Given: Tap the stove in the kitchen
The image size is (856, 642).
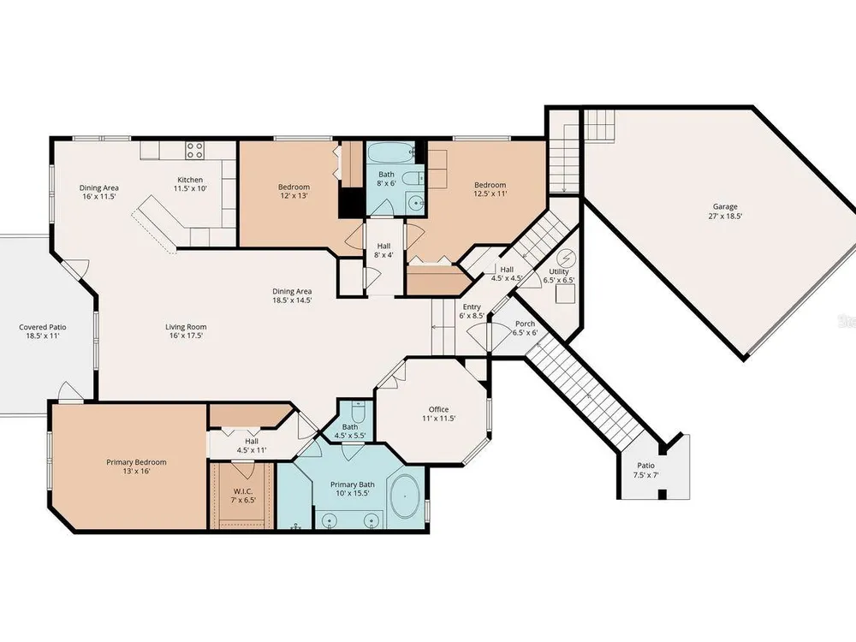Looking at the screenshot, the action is [195, 150].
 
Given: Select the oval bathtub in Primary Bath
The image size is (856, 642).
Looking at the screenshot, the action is [405, 496].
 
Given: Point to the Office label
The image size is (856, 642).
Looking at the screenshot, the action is [438, 409].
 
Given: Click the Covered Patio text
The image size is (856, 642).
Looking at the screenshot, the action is [43, 327].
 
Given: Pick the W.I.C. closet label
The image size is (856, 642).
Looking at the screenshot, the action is [243, 491].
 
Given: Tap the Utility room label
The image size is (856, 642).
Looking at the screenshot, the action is [559, 271].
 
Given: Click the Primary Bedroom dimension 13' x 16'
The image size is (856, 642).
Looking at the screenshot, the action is [136, 471].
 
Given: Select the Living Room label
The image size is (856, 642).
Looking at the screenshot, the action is [186, 327].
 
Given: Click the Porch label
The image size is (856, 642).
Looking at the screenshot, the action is [526, 324].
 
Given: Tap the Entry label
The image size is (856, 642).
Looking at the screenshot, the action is [472, 306].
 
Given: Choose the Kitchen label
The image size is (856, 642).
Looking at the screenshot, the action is [191, 180].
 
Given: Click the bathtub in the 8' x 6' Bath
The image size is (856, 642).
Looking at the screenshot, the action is [390, 152].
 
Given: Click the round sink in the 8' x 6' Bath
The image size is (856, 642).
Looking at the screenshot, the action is [418, 203].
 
